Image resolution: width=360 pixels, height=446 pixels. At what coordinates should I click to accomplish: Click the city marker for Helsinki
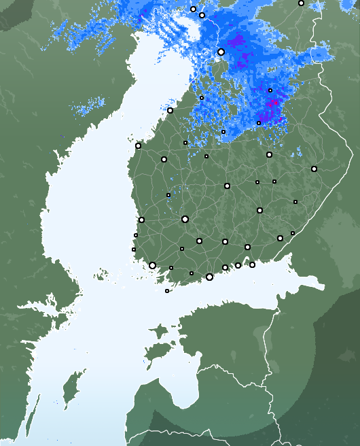click(x=209, y=277)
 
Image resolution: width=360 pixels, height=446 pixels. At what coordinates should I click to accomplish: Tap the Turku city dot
click(x=152, y=265)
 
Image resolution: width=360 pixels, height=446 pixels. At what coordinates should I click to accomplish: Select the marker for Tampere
click(x=185, y=219)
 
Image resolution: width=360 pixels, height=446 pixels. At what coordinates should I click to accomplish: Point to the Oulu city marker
click(x=221, y=52)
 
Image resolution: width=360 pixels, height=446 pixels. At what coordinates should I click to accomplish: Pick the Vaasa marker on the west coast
click(x=138, y=145)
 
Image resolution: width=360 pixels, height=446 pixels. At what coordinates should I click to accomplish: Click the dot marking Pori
click(x=141, y=220)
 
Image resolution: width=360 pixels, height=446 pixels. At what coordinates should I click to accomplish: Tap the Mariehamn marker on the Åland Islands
click(x=167, y=291)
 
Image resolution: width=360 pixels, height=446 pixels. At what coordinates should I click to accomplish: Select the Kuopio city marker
click(x=269, y=154)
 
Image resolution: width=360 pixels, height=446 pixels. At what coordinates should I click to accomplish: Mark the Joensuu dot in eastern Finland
click(x=314, y=169)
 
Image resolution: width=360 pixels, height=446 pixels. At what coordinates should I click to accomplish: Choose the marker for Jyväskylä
click(x=227, y=186)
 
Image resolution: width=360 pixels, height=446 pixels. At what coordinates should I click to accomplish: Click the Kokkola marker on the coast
click(x=170, y=110)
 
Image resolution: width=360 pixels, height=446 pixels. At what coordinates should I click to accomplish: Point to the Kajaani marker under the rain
click(x=259, y=123)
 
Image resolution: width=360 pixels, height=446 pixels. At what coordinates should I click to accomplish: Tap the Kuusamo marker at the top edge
click(x=301, y=3)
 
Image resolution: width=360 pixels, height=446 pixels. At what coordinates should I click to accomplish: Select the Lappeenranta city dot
click(x=280, y=238)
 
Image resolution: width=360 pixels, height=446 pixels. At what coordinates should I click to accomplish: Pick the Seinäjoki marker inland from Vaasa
click(x=164, y=159)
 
